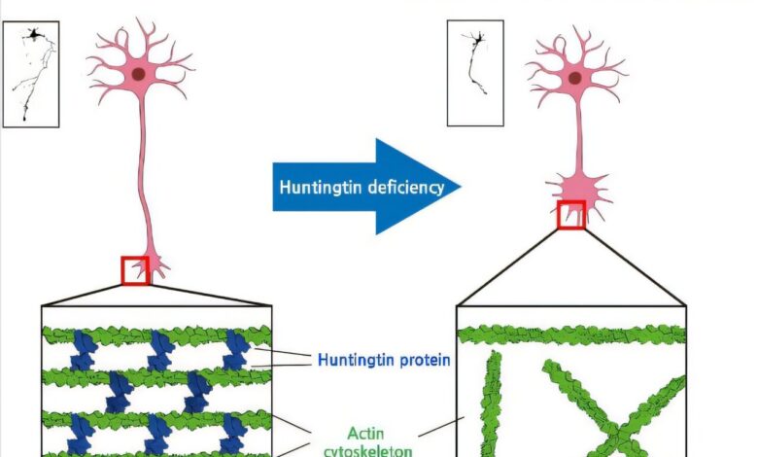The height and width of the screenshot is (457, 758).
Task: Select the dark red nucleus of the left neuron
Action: click(139, 74)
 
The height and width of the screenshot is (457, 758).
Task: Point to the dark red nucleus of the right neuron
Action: click(575, 78)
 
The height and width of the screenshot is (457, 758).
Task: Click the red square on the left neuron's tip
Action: click(136, 269)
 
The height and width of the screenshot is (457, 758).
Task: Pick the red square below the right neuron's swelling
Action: click(570, 214)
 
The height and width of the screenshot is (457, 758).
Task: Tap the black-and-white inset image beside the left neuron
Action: click(30, 75)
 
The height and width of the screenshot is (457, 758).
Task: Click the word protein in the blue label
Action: click(425, 361)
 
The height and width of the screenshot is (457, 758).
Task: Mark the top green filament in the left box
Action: click(155, 335)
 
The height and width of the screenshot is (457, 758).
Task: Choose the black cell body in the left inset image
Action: click(36, 34)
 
